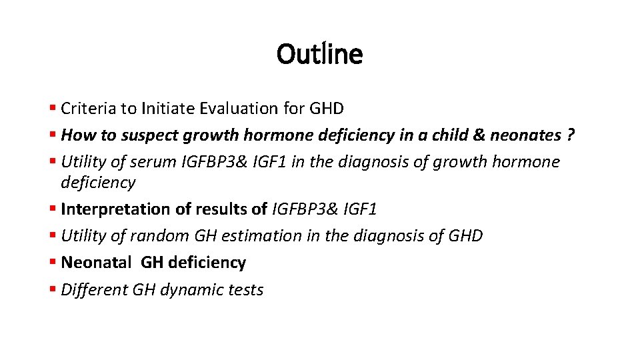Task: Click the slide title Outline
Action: pyautogui.click(x=319, y=54)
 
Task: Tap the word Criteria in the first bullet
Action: pyautogui.click(x=86, y=108)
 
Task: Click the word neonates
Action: pyautogui.click(x=525, y=135)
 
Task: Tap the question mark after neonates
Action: pyautogui.click(x=571, y=135)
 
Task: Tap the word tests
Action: pyautogui.click(x=245, y=290)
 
